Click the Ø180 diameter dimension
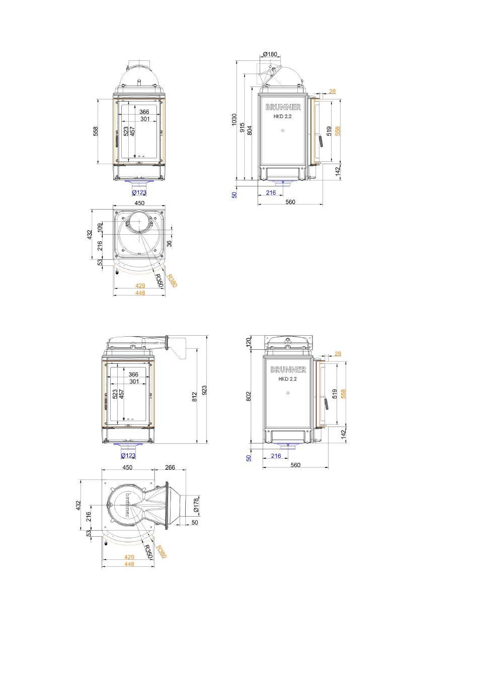pos(270,54)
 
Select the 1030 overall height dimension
pos(234,119)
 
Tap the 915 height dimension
pos(242,128)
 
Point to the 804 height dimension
pos(250,130)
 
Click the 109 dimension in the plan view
pos(100,228)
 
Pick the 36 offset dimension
pos(169,244)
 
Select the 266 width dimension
pos(170,467)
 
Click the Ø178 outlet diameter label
pos(196,505)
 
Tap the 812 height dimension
pos(194,397)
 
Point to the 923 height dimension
pos(204,390)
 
